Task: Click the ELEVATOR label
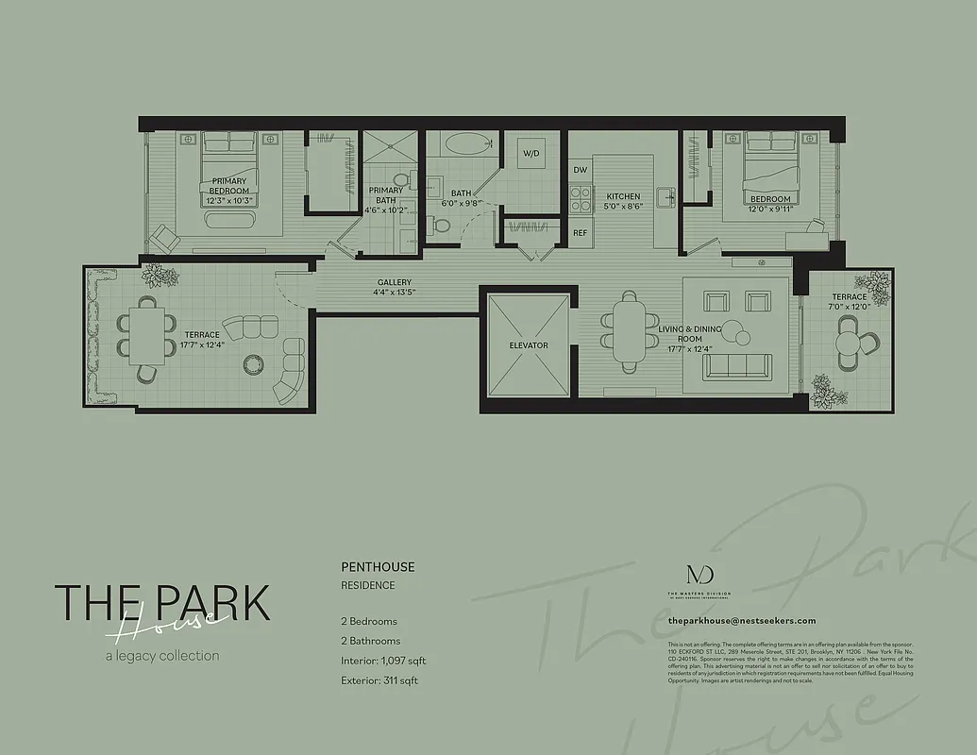click(528, 345)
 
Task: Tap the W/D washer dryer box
click(531, 153)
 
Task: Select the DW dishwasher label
click(581, 170)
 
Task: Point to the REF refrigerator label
click(581, 232)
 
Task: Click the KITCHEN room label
click(623, 195)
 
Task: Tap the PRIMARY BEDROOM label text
click(229, 186)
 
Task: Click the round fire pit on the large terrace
click(253, 364)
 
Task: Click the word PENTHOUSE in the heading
click(378, 567)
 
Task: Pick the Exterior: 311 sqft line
click(379, 679)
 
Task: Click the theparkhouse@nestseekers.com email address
click(741, 620)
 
